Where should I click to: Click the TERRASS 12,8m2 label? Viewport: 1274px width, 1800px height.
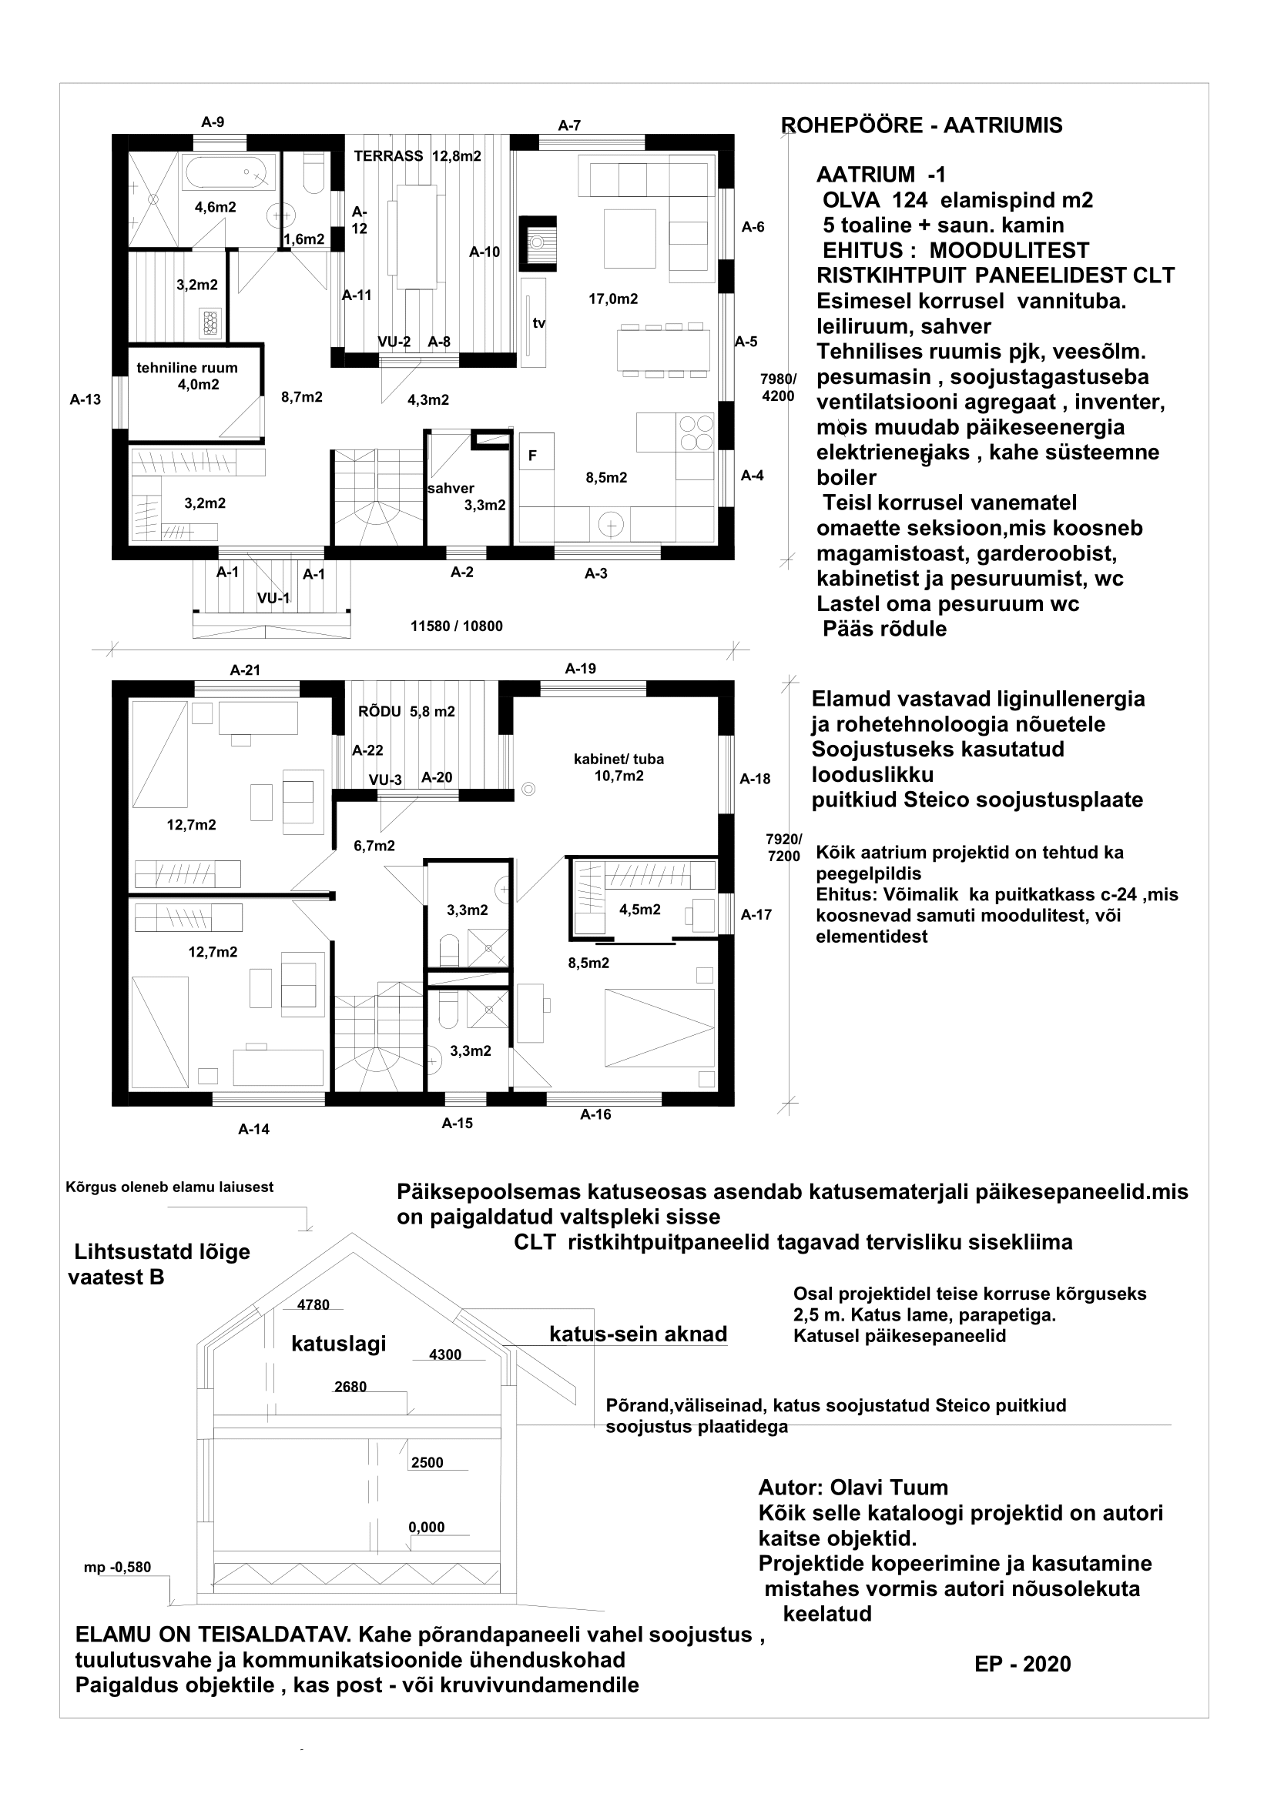click(417, 156)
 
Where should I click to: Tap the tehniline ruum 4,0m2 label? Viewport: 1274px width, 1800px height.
click(186, 376)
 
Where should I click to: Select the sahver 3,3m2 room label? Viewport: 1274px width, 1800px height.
click(467, 496)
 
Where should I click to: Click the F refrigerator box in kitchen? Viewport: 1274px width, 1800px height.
click(533, 456)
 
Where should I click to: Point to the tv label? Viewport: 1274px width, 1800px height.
click(539, 323)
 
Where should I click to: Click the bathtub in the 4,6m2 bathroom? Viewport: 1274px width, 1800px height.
click(229, 172)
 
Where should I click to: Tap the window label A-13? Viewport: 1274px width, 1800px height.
click(85, 400)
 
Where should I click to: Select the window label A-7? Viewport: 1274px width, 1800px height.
click(569, 125)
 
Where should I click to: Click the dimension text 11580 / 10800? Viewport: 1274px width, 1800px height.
click(457, 626)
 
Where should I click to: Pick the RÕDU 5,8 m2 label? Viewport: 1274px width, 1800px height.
click(407, 712)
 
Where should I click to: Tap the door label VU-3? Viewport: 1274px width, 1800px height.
click(386, 780)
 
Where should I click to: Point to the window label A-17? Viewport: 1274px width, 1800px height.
click(756, 914)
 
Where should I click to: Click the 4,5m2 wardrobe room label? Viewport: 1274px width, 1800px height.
click(640, 910)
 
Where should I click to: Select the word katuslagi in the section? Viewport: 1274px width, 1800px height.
click(339, 1344)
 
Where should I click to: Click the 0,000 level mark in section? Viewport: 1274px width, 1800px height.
click(427, 1527)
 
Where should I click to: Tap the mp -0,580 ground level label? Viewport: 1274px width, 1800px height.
click(118, 1568)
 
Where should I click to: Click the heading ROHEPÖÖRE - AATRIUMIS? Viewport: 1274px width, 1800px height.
click(922, 125)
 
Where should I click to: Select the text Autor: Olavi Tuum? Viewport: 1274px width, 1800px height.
click(853, 1488)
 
